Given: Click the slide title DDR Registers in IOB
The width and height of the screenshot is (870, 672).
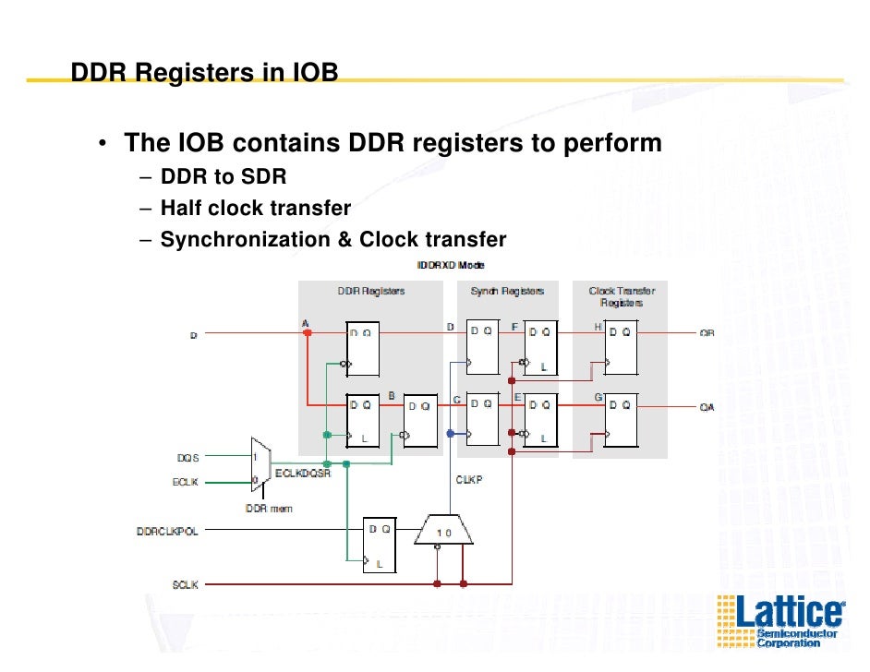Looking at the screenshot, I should tap(205, 71).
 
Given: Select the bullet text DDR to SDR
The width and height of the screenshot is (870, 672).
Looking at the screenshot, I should tap(224, 176).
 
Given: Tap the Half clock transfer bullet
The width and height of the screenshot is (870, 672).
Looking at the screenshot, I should tap(256, 208).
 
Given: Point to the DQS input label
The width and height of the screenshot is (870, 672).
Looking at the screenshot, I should tap(187, 457).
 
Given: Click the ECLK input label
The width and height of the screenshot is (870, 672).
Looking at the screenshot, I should tap(186, 481).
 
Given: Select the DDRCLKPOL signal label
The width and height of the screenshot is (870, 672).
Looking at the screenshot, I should tap(167, 531).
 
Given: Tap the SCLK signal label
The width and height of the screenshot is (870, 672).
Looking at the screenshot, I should tap(185, 584).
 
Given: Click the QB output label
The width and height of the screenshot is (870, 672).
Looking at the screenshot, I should tap(707, 333).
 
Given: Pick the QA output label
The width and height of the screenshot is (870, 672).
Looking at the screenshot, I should tap(707, 406).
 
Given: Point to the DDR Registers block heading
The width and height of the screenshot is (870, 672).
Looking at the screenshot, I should tap(370, 291).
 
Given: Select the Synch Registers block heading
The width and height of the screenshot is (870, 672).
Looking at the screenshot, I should tap(507, 291).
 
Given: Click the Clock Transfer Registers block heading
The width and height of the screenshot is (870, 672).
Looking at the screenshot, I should tap(622, 296).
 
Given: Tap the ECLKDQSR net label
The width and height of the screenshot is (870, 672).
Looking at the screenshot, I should tap(302, 474).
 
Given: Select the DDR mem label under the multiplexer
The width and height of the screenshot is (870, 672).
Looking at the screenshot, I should tap(269, 509).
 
